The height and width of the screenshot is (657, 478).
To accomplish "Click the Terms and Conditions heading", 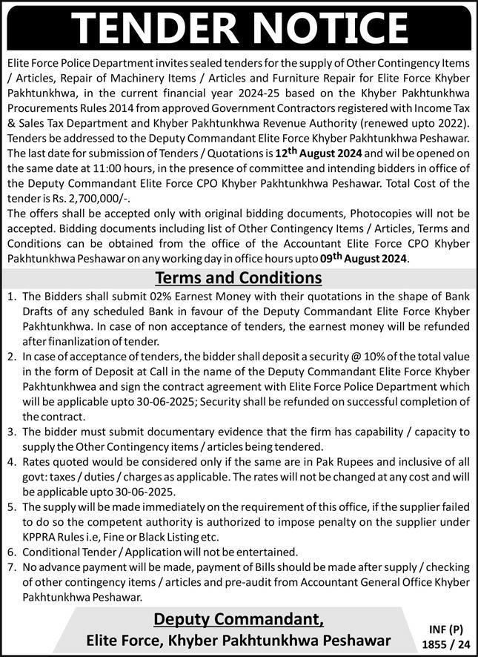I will click(239, 278).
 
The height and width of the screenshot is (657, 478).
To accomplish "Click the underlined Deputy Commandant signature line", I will click(239, 621).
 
